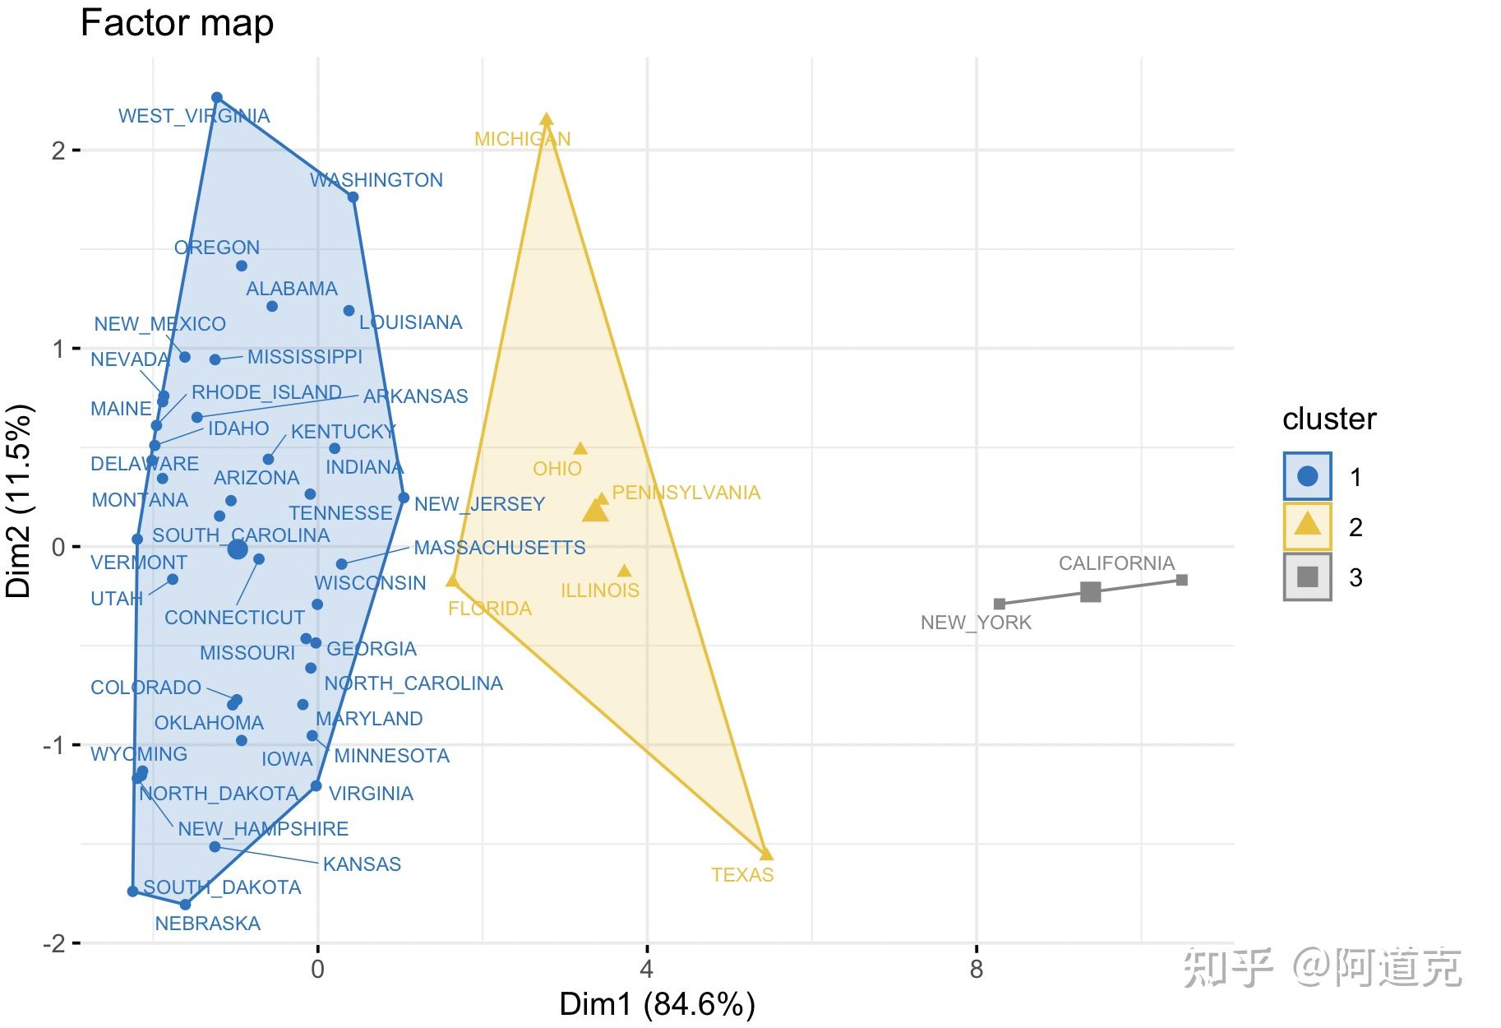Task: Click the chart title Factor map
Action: [x=177, y=23]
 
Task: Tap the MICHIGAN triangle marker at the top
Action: [x=547, y=119]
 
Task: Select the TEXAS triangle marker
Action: [x=766, y=854]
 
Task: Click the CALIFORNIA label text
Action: [x=1116, y=563]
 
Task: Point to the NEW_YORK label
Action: [x=976, y=623]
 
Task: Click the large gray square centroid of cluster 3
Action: [x=1090, y=591]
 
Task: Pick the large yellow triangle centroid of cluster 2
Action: [x=595, y=511]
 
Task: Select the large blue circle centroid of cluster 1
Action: [x=238, y=549]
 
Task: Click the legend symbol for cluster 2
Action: [x=1307, y=526]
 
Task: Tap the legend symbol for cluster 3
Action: [x=1307, y=577]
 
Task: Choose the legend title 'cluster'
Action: [x=1328, y=419]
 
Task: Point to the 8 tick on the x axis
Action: [x=976, y=970]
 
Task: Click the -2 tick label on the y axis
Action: [x=56, y=943]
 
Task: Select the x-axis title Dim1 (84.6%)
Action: [x=657, y=1004]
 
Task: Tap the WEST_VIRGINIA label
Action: [x=194, y=116]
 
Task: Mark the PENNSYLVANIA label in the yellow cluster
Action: [x=686, y=493]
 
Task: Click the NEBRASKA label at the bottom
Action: [x=207, y=924]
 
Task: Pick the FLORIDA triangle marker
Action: [x=452, y=581]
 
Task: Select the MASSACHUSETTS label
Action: [x=499, y=548]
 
